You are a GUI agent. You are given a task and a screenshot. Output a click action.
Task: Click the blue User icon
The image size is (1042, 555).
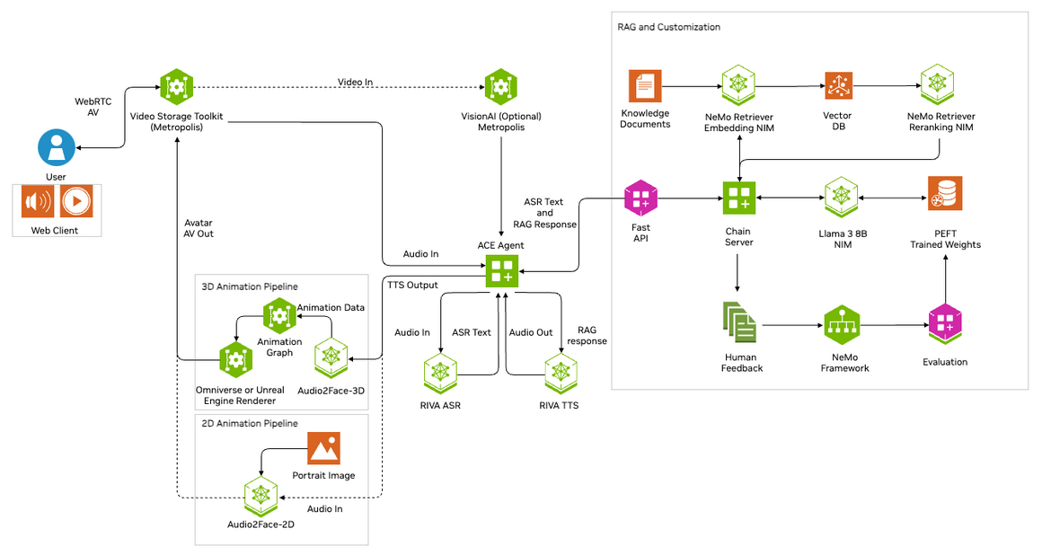click(x=57, y=146)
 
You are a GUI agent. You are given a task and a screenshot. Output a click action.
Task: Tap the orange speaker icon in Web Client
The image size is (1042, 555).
click(x=39, y=201)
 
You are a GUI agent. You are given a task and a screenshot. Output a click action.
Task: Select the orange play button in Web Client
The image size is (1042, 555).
click(x=76, y=201)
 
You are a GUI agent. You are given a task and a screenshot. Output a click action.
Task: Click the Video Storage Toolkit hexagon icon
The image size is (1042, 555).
click(x=176, y=87)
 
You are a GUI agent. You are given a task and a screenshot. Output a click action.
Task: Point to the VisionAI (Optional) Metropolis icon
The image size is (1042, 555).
click(x=500, y=87)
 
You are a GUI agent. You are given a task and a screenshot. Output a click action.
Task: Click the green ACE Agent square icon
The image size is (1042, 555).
click(x=501, y=270)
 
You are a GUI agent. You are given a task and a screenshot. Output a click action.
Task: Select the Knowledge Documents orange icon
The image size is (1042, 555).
click(x=645, y=86)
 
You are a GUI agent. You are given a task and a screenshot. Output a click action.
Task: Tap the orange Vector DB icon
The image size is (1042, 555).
click(x=838, y=86)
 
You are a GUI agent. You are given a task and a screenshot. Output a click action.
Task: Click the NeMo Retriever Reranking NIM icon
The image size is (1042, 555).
click(x=937, y=85)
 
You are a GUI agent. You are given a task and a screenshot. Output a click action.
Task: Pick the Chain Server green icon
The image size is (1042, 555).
click(x=738, y=198)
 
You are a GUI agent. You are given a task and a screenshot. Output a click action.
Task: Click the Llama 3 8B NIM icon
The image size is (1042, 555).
click(x=842, y=197)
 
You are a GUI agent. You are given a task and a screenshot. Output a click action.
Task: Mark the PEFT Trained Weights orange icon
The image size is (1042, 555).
click(x=945, y=193)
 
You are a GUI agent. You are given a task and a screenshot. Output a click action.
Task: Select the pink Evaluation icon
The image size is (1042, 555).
click(x=945, y=326)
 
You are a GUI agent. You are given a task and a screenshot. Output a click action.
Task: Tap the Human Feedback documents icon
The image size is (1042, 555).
click(x=739, y=323)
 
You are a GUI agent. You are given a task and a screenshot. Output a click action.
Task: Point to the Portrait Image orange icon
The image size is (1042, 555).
click(x=323, y=448)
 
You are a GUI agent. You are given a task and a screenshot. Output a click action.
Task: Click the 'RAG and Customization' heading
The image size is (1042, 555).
click(x=668, y=27)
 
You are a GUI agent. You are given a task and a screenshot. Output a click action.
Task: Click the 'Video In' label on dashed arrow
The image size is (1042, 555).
click(x=355, y=83)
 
